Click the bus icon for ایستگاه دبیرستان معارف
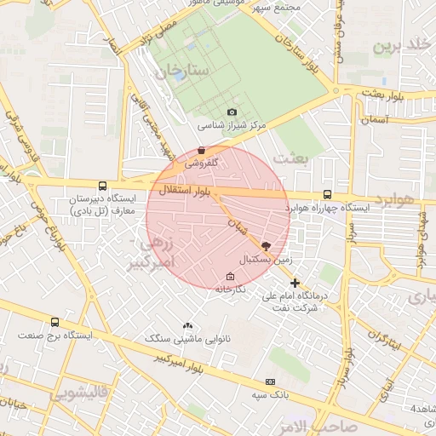[x=103, y=186]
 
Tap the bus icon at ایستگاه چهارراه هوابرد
[x=328, y=195]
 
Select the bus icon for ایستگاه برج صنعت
[x=55, y=323]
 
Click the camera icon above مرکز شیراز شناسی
[x=232, y=112]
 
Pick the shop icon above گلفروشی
[x=201, y=150]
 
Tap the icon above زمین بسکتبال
[x=266, y=244]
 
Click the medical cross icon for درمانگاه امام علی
[x=295, y=283]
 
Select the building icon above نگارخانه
[x=230, y=276]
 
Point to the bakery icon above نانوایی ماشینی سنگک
[x=187, y=325]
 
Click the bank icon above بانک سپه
[x=271, y=381]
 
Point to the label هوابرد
[x=397, y=203]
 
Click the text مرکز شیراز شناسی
[x=232, y=126]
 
